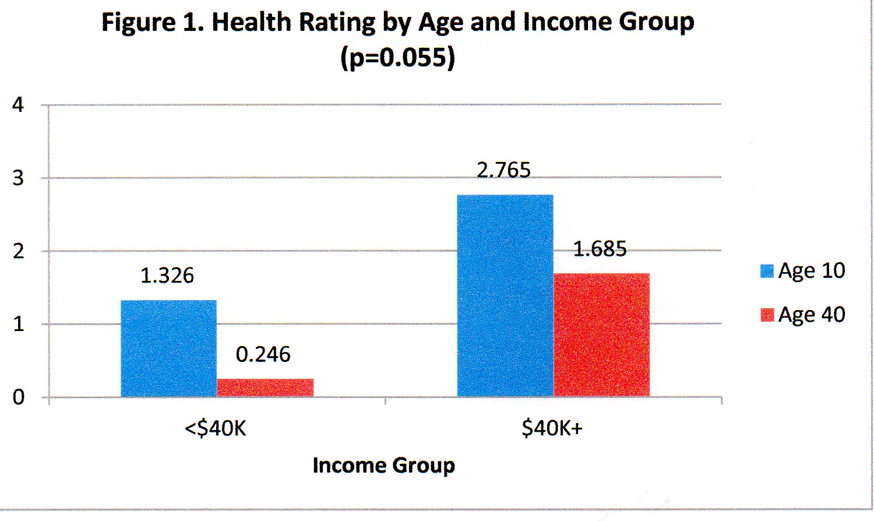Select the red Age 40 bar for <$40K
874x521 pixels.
coord(265,388)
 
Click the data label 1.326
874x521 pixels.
coord(167,276)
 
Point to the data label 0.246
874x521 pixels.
coord(263,354)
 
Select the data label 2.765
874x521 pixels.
coord(504,170)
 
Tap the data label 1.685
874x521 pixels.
coord(600,249)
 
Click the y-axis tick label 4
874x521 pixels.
coord(18,105)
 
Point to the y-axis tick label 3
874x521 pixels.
coord(18,178)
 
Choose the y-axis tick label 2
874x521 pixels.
coord(18,251)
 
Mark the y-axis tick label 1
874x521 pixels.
coord(18,324)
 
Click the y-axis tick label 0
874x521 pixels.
coord(18,397)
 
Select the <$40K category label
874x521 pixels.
coord(216,429)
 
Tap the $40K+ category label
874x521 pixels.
coord(552,429)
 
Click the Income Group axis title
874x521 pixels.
coord(383,466)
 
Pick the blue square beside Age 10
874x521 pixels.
coord(767,271)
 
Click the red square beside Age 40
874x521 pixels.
coord(767,315)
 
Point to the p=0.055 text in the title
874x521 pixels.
coord(398,58)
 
